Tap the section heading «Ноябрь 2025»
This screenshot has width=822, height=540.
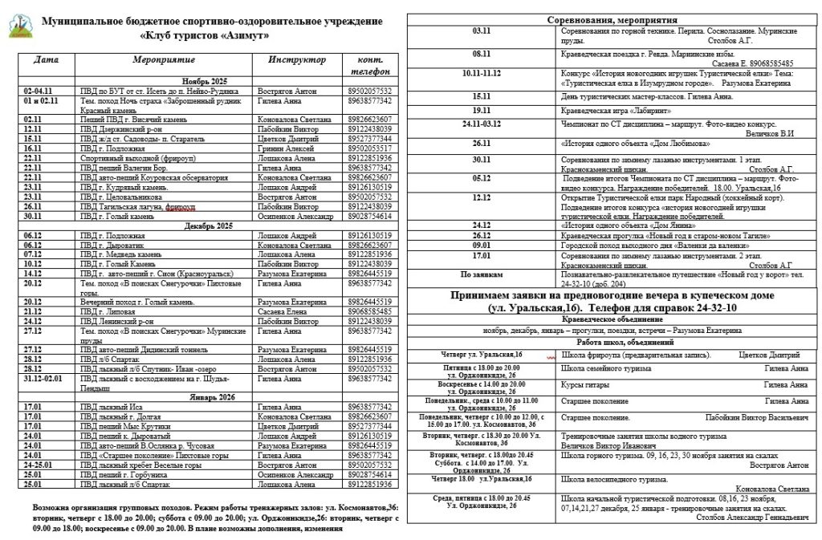coord(205,83)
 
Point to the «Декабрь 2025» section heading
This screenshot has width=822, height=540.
coord(205,226)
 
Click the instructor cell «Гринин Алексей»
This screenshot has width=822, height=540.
coord(283,148)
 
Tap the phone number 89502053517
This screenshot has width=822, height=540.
coord(371,148)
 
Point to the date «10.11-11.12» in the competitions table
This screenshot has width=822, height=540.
coord(481,71)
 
